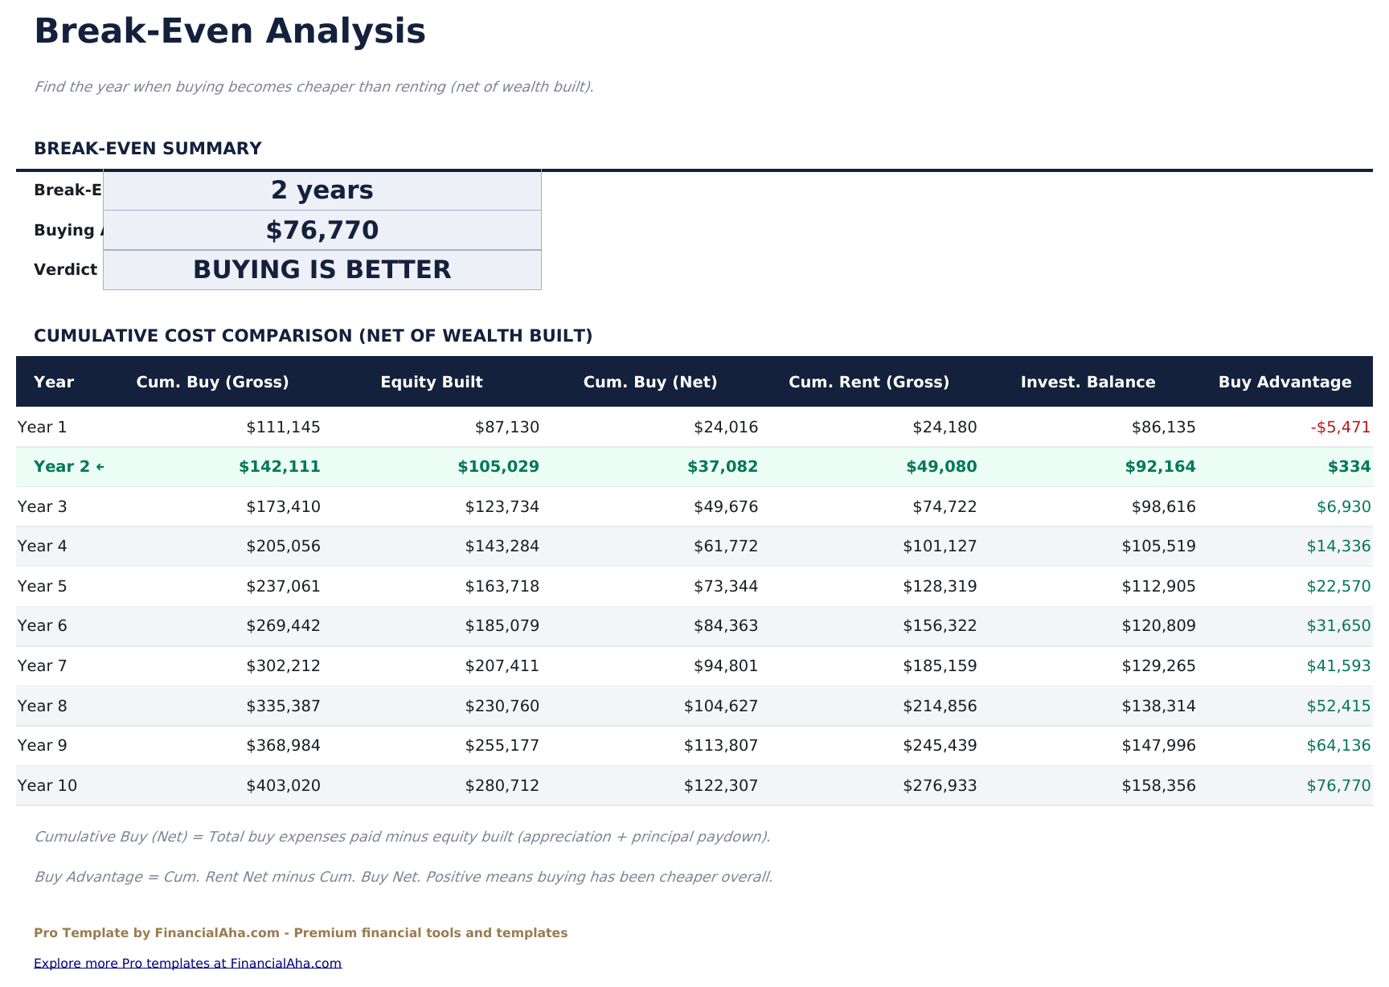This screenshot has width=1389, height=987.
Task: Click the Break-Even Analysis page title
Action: [x=230, y=32]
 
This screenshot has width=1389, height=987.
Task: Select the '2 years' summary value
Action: [x=322, y=190]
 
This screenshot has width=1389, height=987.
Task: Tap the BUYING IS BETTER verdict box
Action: [x=322, y=270]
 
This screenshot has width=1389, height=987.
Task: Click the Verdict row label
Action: [x=65, y=270]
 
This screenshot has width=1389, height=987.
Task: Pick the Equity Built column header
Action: [x=432, y=383]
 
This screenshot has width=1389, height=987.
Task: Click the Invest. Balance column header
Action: [x=1088, y=383]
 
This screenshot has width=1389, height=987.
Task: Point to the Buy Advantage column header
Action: [x=1285, y=383]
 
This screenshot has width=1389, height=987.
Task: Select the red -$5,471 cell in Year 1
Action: [x=1340, y=428]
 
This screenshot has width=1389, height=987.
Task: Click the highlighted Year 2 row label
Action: [x=68, y=467]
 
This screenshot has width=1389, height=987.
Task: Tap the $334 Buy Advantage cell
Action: [x=1354, y=467]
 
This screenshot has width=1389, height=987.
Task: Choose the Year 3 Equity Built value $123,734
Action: [x=502, y=507]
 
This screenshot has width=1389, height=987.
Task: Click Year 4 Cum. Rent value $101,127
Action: [x=940, y=547]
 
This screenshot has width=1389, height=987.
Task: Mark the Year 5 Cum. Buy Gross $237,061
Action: [x=283, y=587]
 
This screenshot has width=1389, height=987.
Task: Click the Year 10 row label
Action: [x=47, y=786]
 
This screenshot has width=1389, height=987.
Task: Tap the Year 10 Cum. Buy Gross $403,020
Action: [x=283, y=786]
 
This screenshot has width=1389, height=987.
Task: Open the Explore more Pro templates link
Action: [x=187, y=964]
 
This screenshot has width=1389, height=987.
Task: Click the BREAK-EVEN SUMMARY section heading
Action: [x=148, y=149]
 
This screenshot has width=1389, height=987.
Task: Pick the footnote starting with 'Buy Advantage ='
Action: [x=403, y=877]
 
